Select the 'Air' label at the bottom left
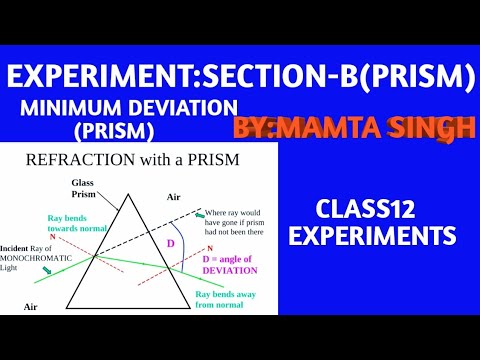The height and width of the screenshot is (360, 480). [30, 306]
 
